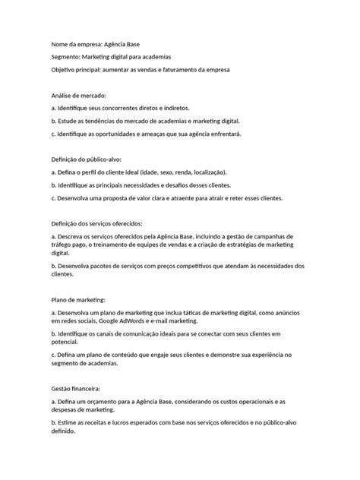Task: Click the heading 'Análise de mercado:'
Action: coord(79,96)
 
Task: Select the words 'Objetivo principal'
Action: coord(76,70)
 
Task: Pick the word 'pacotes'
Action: coord(109,266)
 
